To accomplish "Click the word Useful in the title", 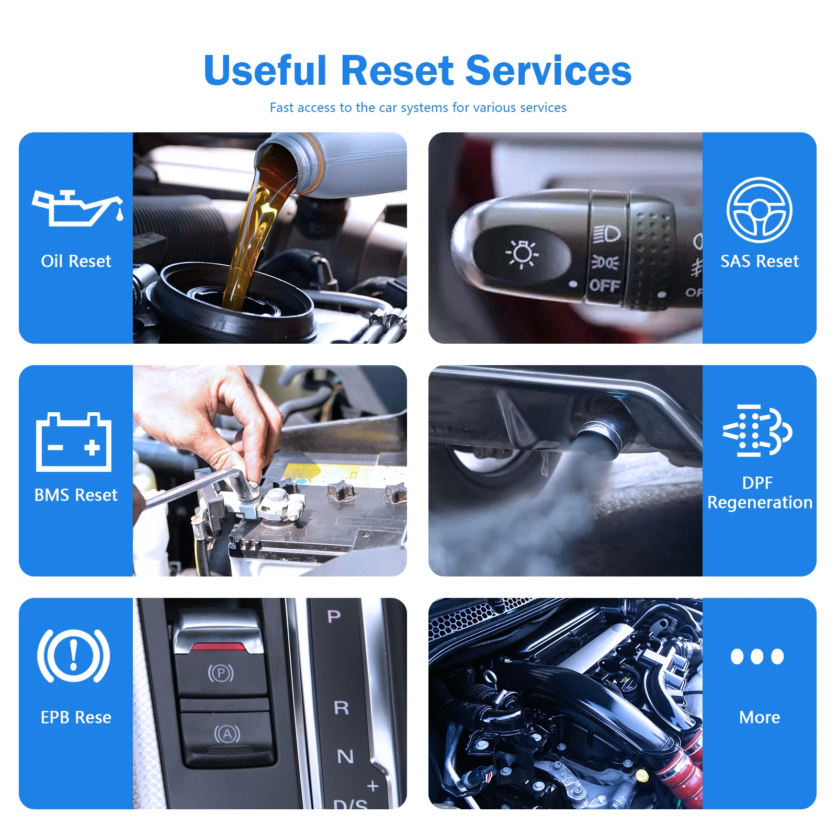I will tap(265, 71).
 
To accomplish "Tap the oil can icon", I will tap(77, 208).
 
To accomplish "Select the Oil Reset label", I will tap(76, 261).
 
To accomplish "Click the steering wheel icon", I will tap(759, 210).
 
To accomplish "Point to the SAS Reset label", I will tap(759, 261).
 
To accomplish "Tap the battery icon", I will tap(74, 443).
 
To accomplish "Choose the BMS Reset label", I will tap(76, 495).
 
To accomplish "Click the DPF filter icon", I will tap(757, 431).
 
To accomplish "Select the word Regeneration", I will tap(759, 503).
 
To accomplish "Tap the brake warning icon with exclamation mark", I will tap(74, 656).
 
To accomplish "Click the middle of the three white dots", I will tap(757, 656).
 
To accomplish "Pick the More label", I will tap(759, 717).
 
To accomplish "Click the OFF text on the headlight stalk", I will tap(604, 286).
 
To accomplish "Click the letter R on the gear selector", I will tap(341, 708).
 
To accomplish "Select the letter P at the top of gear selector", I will tap(334, 617).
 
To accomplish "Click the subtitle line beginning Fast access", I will tap(417, 108).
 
